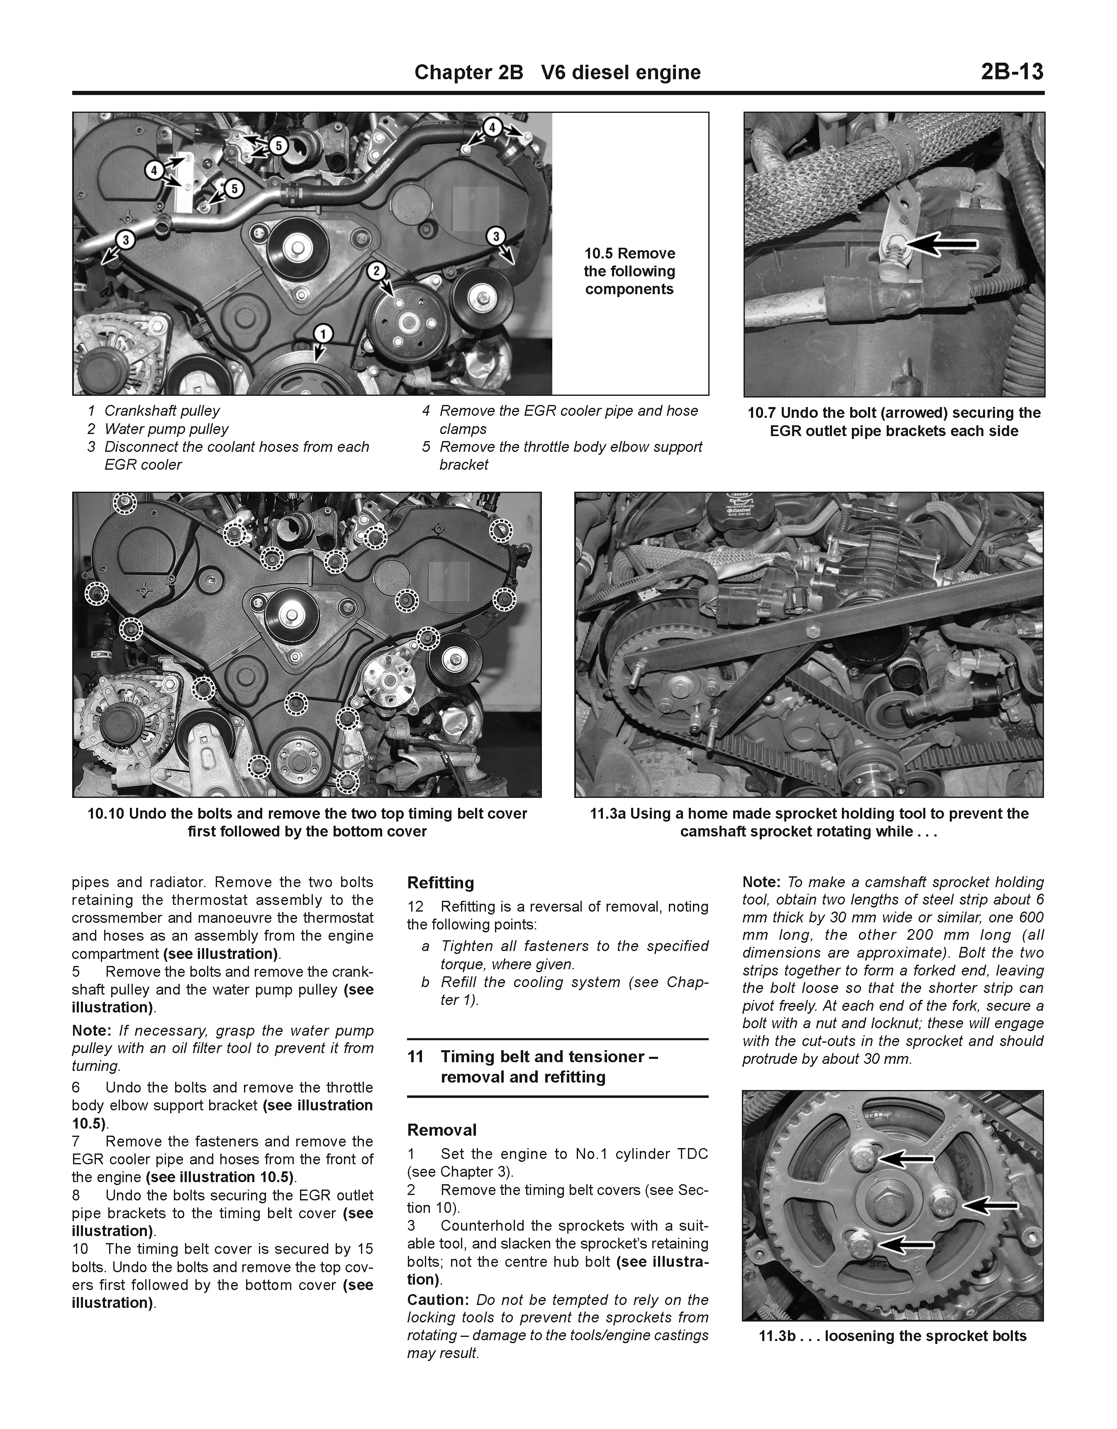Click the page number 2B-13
(x=1012, y=71)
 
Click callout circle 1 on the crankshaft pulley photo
(x=322, y=334)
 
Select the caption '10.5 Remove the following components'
(x=629, y=271)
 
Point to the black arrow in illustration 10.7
(x=942, y=245)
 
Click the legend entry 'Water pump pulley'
(x=166, y=429)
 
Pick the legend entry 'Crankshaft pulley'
(x=162, y=411)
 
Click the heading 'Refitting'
(x=440, y=883)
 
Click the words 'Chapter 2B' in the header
(x=468, y=72)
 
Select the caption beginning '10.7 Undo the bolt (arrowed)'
(x=894, y=422)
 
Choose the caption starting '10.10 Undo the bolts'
(x=307, y=822)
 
